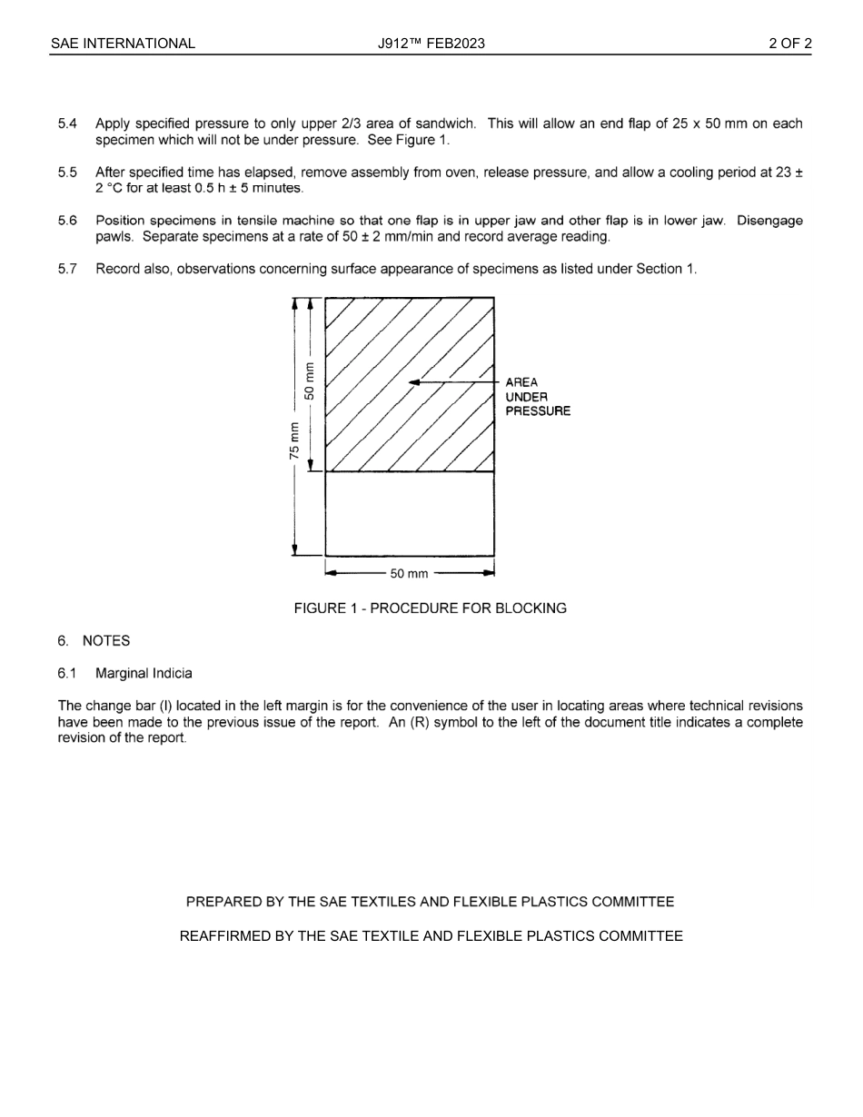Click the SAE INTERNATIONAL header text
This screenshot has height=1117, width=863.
[123, 44]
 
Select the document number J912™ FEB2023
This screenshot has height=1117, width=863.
[431, 44]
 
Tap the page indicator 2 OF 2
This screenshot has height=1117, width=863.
[789, 44]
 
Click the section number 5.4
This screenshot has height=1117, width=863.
[67, 124]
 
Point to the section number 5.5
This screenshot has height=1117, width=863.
[67, 173]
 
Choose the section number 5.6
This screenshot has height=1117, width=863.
[67, 221]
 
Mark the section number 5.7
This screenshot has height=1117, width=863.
[67, 269]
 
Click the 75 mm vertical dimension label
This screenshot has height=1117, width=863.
[294, 440]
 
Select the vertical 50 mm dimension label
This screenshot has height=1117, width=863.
[310, 381]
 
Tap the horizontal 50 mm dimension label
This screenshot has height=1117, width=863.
[409, 574]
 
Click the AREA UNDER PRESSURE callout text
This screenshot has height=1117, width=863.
[538, 397]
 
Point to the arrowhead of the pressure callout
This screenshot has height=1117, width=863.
[414, 382]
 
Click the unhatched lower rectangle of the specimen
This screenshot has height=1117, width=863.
[410, 513]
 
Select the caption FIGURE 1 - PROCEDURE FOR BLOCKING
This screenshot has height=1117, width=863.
[430, 608]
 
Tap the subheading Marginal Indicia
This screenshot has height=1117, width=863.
[144, 674]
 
